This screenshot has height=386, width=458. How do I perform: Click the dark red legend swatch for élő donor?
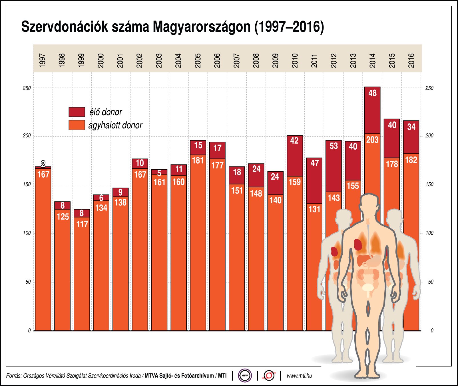[77, 112]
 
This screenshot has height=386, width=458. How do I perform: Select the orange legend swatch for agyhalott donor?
[77, 125]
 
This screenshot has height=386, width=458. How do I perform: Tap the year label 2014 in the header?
[372, 60]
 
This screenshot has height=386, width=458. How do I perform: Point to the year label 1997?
[43, 60]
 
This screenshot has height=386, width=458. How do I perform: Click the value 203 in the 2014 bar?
[372, 140]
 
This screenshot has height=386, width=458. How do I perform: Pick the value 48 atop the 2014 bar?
[372, 93]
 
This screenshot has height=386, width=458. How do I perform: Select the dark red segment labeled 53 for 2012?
[334, 166]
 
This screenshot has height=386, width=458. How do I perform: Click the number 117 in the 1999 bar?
[82, 224]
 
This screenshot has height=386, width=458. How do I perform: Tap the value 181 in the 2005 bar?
[198, 161]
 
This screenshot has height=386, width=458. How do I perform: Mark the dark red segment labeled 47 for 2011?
[314, 181]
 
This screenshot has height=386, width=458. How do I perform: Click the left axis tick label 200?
[27, 136]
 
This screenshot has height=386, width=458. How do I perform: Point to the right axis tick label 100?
[429, 233]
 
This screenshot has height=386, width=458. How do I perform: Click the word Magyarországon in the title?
[202, 27]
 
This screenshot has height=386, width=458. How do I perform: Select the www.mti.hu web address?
[299, 376]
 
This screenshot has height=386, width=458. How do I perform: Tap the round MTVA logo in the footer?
[245, 375]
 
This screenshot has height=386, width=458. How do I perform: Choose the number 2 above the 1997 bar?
[43, 164]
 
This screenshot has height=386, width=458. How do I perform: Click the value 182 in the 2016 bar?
[411, 160]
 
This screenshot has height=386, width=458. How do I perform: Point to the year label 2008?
[256, 60]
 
